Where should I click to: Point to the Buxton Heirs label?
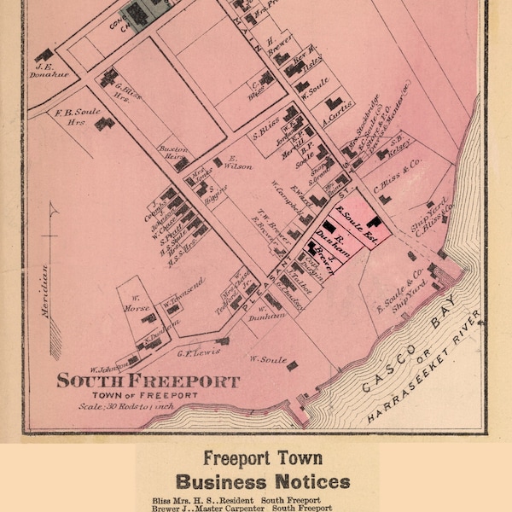[x=174, y=153]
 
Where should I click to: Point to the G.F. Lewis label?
[x=194, y=351]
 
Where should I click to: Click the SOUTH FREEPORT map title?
[x=148, y=381]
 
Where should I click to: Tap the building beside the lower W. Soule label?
[x=292, y=366]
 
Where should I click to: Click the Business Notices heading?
[x=263, y=481]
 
